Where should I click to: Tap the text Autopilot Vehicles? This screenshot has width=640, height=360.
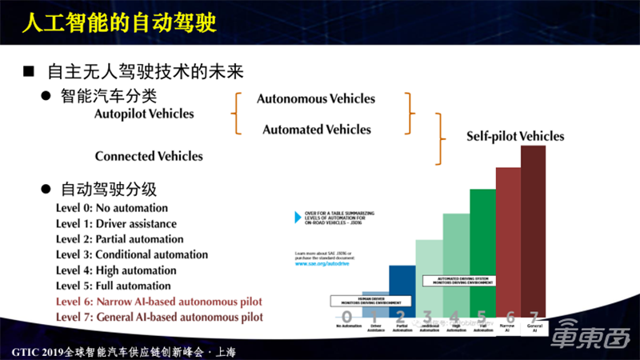tap(144, 114)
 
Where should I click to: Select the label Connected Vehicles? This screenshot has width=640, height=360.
tap(149, 156)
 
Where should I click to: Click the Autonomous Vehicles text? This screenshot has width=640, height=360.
tap(315, 99)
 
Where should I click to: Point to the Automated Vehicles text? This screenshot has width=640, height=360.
tap(317, 130)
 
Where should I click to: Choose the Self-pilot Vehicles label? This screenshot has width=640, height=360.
tap(515, 137)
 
